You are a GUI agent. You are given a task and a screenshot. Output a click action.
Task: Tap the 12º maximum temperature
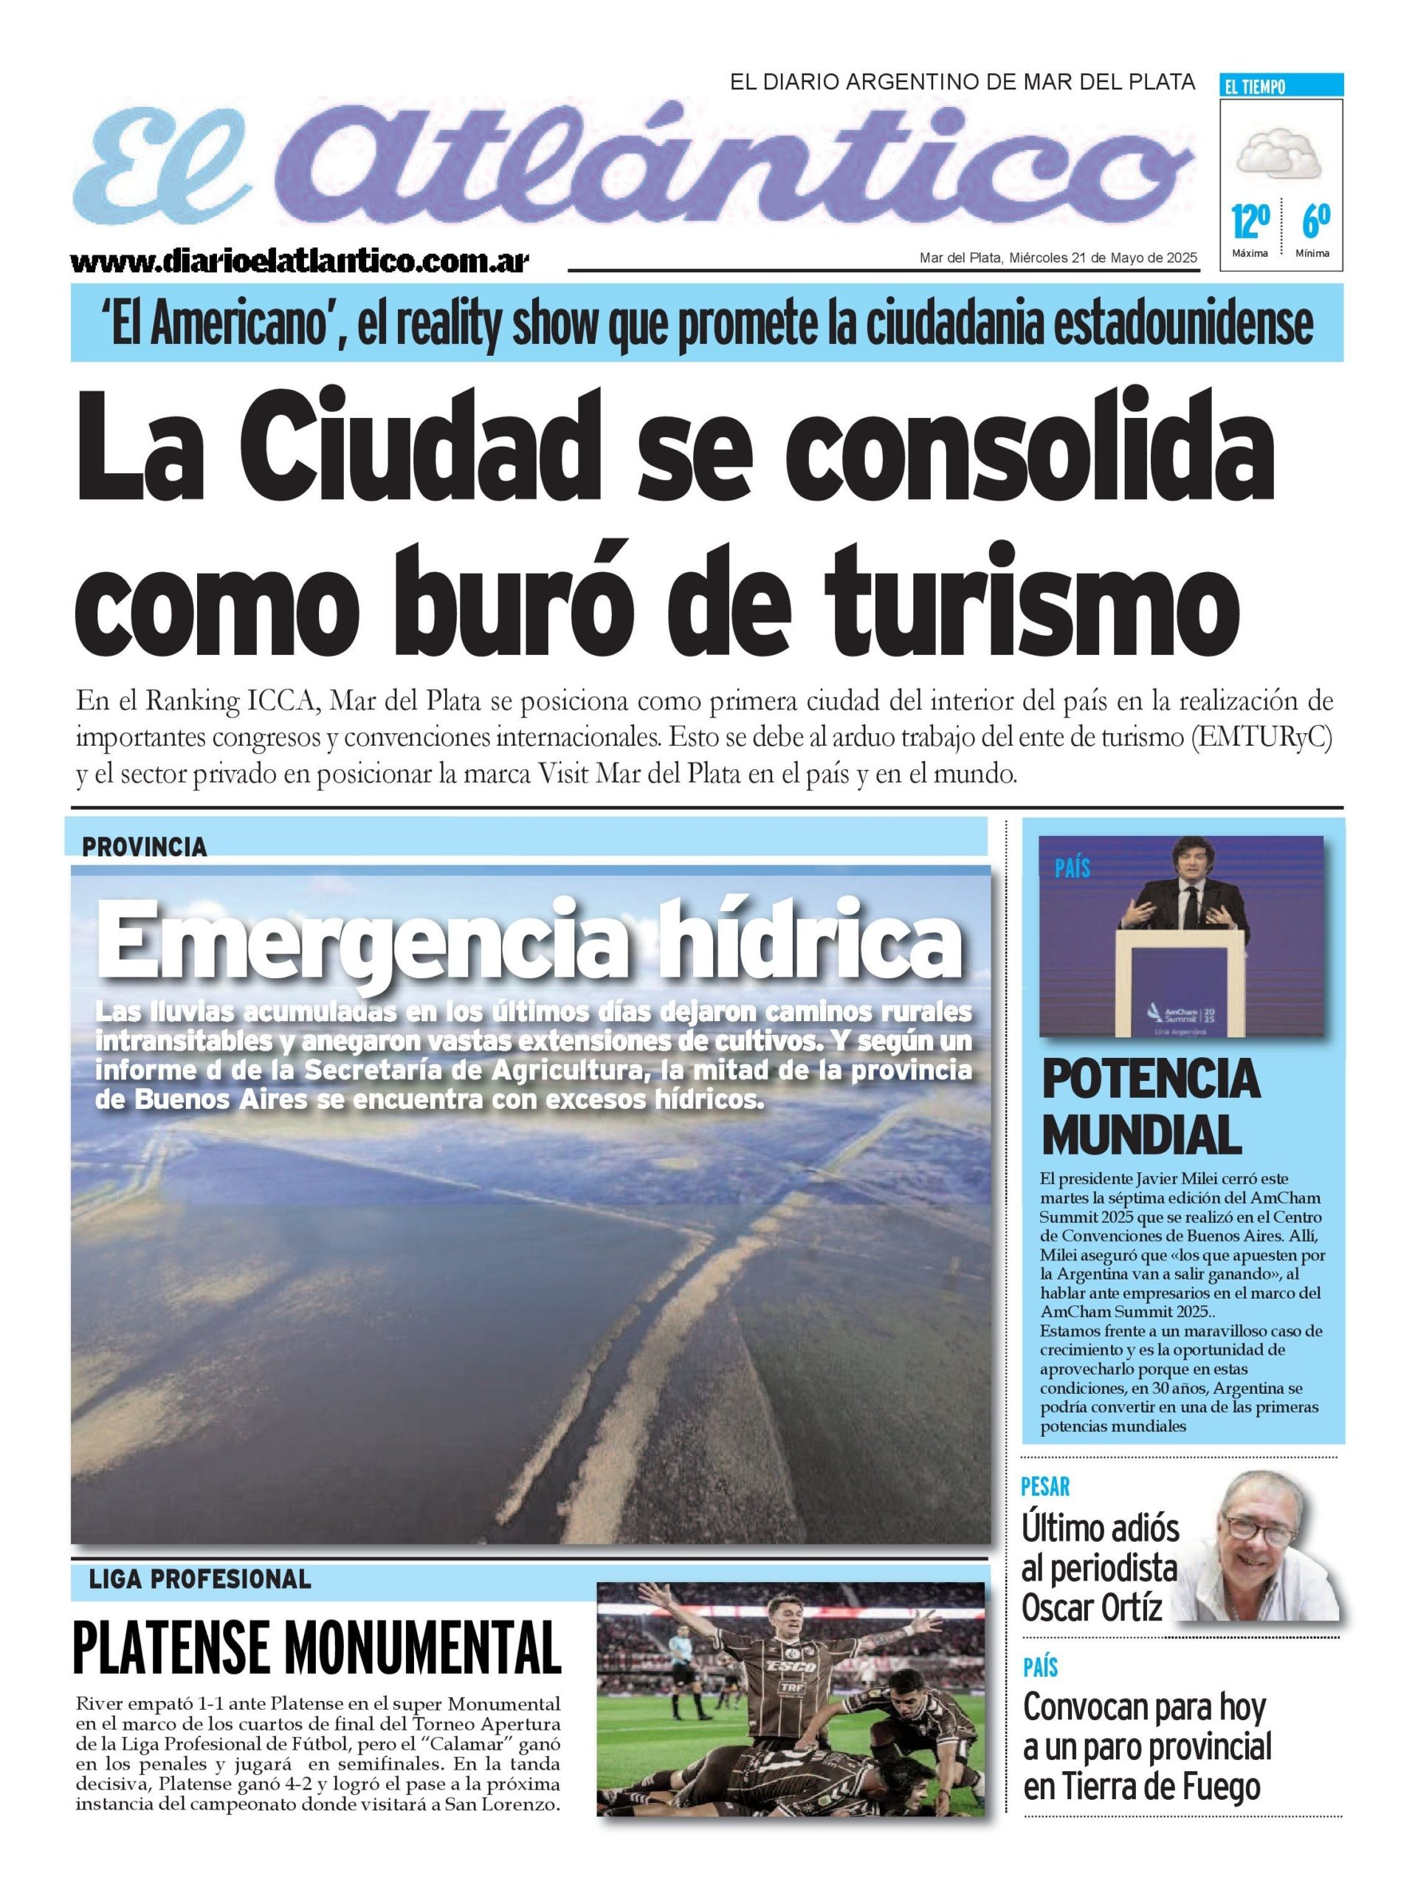1249,223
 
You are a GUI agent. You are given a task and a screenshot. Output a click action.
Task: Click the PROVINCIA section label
145,847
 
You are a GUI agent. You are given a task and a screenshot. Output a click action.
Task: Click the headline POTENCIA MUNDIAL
1149,1107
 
